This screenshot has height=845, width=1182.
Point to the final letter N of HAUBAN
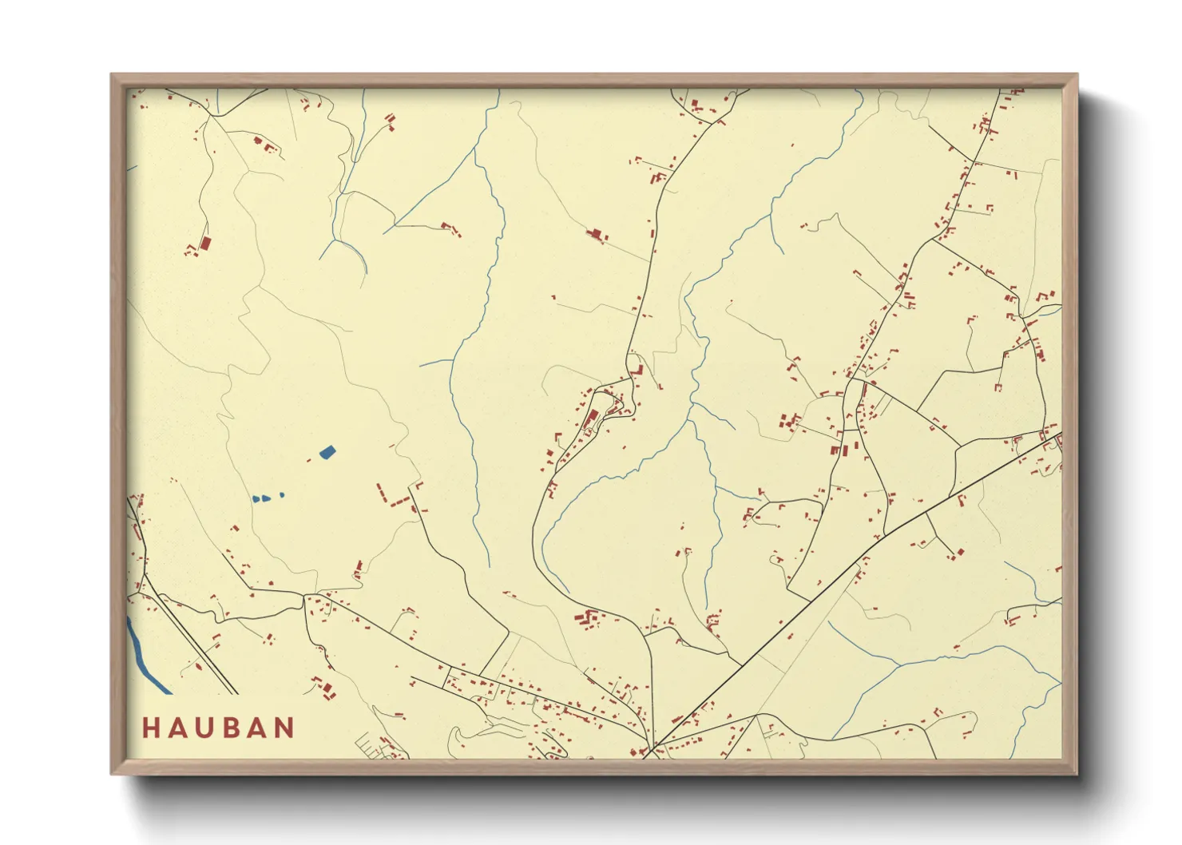(284, 728)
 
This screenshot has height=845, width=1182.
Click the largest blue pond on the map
(327, 452)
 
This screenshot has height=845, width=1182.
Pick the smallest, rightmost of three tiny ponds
(282, 495)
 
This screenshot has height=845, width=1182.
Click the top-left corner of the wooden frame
(113, 76)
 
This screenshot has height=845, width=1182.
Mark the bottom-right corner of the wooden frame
(1076, 772)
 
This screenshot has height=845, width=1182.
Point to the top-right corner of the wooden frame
(1076, 76)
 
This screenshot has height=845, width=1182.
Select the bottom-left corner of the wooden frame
(113, 772)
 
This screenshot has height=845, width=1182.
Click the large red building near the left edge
(204, 243)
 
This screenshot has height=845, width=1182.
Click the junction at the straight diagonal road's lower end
(653, 748)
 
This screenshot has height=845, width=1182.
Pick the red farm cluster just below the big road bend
(588, 619)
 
